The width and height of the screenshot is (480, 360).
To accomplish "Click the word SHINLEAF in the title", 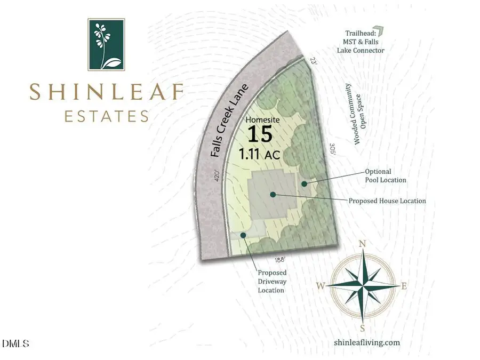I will pos(106,92).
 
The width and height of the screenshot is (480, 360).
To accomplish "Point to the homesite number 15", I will pos(261,136).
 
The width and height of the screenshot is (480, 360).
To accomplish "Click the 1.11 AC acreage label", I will pos(261,155).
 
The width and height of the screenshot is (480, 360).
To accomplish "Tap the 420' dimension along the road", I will pos(217,175).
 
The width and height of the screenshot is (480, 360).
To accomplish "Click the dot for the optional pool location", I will pos(304,184).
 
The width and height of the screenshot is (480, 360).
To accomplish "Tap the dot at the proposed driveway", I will pos(243,235).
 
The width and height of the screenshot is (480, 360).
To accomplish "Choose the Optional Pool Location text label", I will pos(385,175).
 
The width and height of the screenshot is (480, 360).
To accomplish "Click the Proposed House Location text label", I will pos(387,201).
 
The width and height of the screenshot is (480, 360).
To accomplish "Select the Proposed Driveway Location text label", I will pos(271,281).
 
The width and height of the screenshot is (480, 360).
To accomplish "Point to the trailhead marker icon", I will pos(378,31).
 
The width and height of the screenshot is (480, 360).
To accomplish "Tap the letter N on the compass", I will pos(363,244).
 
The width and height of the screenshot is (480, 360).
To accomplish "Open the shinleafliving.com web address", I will pos(366,342).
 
